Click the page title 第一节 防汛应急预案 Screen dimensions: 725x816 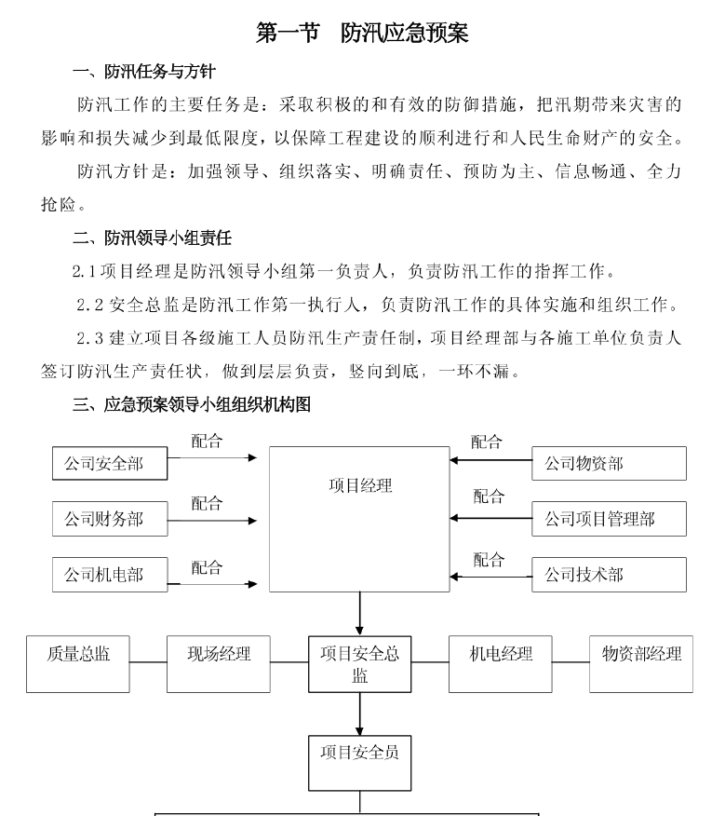click(x=362, y=33)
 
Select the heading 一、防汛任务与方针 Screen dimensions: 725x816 click(x=144, y=72)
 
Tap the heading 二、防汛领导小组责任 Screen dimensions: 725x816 click(x=152, y=238)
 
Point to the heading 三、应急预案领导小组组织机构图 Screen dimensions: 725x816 click(x=192, y=404)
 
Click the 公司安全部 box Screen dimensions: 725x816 click(x=110, y=463)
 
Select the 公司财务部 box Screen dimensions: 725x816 click(x=110, y=519)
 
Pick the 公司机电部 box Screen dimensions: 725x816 click(x=110, y=575)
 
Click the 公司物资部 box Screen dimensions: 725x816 click(x=609, y=463)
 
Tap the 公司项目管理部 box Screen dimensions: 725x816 click(x=609, y=519)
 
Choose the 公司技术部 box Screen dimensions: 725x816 click(x=609, y=575)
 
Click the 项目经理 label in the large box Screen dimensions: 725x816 click(x=360, y=485)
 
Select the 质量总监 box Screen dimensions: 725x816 click(x=78, y=664)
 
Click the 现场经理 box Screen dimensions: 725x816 click(x=219, y=664)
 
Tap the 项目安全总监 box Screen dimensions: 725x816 click(x=360, y=664)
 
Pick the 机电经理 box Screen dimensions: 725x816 click(x=501, y=664)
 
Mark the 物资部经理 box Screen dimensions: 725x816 click(x=641, y=664)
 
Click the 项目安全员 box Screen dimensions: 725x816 click(x=360, y=763)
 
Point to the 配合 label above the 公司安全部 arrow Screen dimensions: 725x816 click(x=207, y=442)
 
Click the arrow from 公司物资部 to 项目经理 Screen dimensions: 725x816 click(x=491, y=460)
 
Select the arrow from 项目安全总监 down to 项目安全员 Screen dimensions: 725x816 click(x=359, y=714)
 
